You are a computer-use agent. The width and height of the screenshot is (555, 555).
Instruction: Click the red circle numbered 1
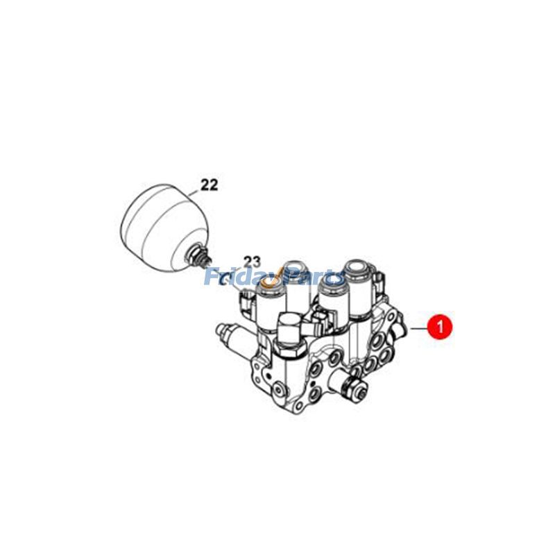coord(440,325)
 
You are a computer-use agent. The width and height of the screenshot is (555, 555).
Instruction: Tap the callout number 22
coord(209,185)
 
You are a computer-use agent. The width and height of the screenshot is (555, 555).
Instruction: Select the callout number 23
coord(250,262)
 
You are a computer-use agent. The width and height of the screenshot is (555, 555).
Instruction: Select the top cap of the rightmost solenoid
coord(359,264)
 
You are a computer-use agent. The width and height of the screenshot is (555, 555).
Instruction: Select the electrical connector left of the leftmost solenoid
coord(246,303)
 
